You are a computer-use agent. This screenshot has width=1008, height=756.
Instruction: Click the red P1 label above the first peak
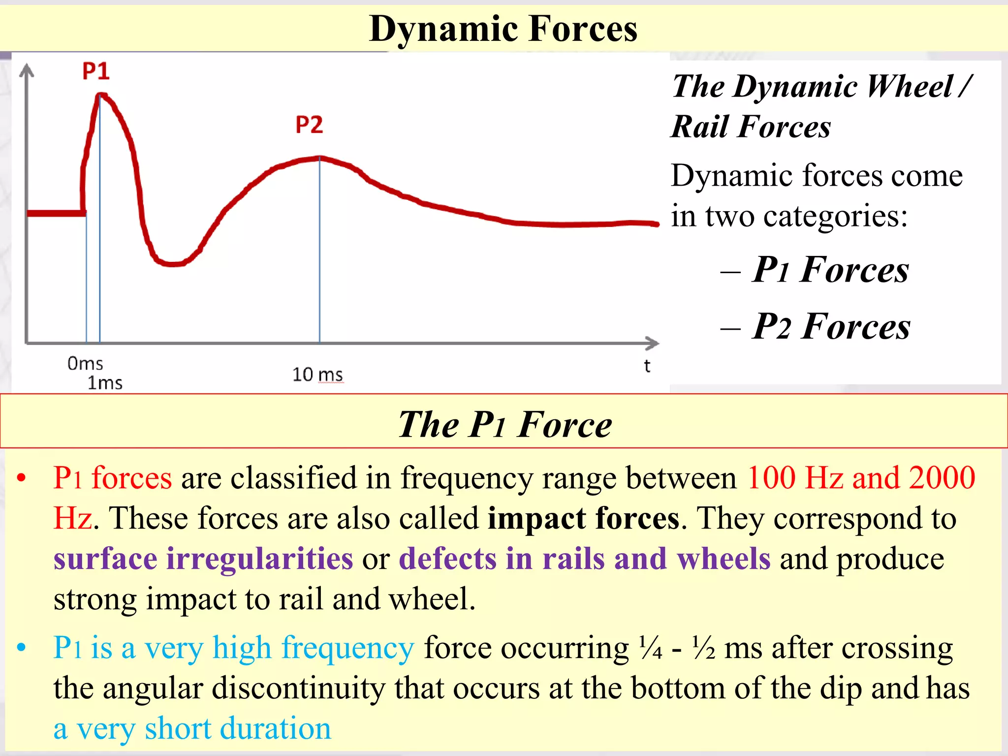pyautogui.click(x=95, y=71)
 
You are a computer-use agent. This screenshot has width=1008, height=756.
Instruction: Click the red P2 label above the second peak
pyautogui.click(x=309, y=125)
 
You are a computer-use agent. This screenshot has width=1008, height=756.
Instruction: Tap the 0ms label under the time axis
pyautogui.click(x=85, y=364)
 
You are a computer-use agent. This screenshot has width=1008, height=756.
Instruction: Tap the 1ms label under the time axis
pyautogui.click(x=105, y=383)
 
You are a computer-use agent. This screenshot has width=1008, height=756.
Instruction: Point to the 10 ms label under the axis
pyautogui.click(x=317, y=375)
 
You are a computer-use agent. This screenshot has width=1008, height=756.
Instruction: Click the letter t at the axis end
pyautogui.click(x=647, y=366)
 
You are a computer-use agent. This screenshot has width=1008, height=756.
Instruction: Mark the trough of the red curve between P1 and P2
pyautogui.click(x=172, y=264)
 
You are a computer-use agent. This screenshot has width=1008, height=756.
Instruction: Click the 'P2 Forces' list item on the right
pyautogui.click(x=831, y=326)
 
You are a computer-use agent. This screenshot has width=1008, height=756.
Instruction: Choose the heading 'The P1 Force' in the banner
pyautogui.click(x=505, y=424)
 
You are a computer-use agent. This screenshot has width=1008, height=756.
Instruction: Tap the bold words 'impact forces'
pyautogui.click(x=583, y=518)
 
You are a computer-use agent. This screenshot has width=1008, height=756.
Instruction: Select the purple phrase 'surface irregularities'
pyautogui.click(x=203, y=559)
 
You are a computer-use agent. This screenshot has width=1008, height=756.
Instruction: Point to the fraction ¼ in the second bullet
pyautogui.click(x=650, y=647)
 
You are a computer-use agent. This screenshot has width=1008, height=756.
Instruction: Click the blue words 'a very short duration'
pyautogui.click(x=192, y=728)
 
